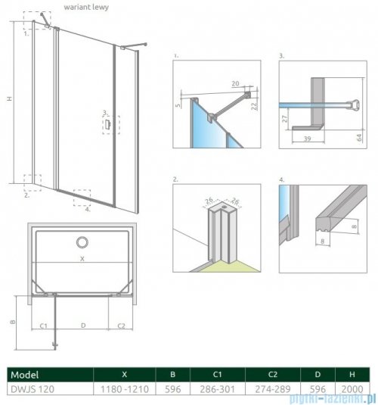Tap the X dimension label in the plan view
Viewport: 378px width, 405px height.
click(x=82, y=258)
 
